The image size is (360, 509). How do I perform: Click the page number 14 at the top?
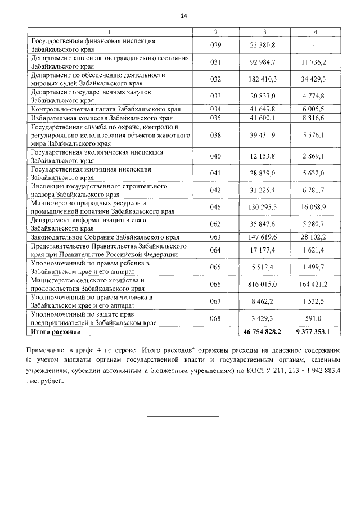coord(183,16)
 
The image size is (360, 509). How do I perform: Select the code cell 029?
coord(216,44)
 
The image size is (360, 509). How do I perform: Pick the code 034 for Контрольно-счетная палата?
coord(216,109)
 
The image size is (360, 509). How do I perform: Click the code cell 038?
coord(216,135)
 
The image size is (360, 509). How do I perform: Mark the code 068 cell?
coord(216,319)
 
